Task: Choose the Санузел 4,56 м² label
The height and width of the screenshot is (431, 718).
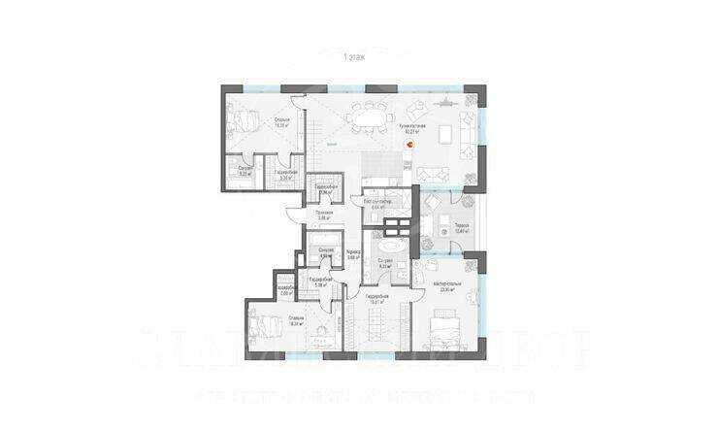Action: point(326,255)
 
